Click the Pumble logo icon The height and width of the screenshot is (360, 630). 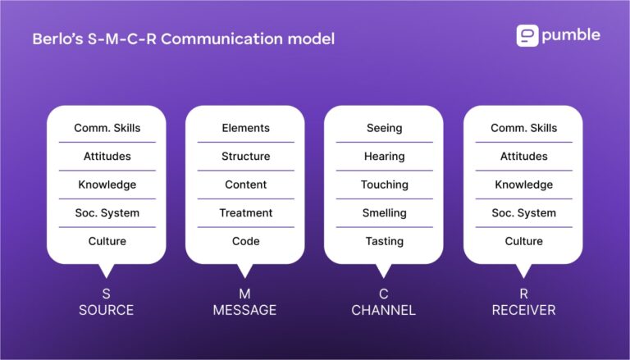(x=527, y=36)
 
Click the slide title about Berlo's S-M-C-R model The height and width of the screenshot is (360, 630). (x=184, y=39)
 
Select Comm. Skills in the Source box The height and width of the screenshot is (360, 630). (x=107, y=128)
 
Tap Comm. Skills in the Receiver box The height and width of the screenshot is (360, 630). (x=523, y=128)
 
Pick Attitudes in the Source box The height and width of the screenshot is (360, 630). (x=107, y=156)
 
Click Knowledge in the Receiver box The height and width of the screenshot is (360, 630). (x=523, y=185)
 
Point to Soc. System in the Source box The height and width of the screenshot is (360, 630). (x=107, y=212)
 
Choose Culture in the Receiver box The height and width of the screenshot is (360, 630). (x=523, y=241)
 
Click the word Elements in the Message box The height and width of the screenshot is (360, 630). (x=245, y=128)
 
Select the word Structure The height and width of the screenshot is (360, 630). (x=245, y=156)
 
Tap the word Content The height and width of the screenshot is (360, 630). (x=245, y=185)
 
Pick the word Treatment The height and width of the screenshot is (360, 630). (x=245, y=212)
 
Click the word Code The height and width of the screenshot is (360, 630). (x=245, y=241)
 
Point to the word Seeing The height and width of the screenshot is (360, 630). (x=384, y=128)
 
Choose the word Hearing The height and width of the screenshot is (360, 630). (x=384, y=156)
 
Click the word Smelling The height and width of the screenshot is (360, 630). (x=384, y=212)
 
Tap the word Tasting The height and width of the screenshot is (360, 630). (x=384, y=241)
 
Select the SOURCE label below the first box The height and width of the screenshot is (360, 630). (x=106, y=310)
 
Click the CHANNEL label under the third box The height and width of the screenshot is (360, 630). (x=383, y=310)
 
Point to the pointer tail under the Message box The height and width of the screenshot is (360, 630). (x=244, y=270)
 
